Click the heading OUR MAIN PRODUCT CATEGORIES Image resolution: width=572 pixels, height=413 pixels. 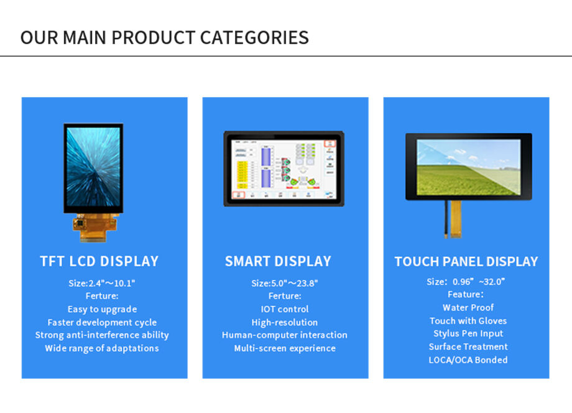click(164, 37)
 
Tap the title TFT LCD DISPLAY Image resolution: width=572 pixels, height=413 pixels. click(99, 261)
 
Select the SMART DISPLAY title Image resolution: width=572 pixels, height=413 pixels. click(278, 261)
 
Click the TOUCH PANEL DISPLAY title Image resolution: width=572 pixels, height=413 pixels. click(466, 261)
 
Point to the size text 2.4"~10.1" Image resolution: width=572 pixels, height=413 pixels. click(102, 283)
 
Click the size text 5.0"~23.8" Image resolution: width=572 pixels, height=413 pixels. click(285, 283)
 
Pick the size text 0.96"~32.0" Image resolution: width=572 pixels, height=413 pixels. click(466, 282)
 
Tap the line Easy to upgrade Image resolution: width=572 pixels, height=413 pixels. click(102, 309)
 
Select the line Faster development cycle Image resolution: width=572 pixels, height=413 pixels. click(102, 322)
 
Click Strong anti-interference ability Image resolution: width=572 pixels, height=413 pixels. click(102, 335)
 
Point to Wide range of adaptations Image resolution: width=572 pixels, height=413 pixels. click(102, 348)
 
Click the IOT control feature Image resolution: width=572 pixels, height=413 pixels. click(285, 309)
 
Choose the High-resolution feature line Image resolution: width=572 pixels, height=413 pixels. click(285, 322)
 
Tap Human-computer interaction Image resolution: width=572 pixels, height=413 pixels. click(285, 335)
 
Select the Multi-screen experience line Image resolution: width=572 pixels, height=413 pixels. click(285, 348)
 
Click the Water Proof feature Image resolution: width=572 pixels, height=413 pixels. click(468, 307)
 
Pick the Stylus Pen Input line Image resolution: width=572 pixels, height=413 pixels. click(468, 333)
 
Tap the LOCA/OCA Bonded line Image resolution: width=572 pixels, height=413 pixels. click(468, 360)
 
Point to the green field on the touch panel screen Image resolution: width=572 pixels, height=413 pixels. click(460, 180)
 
